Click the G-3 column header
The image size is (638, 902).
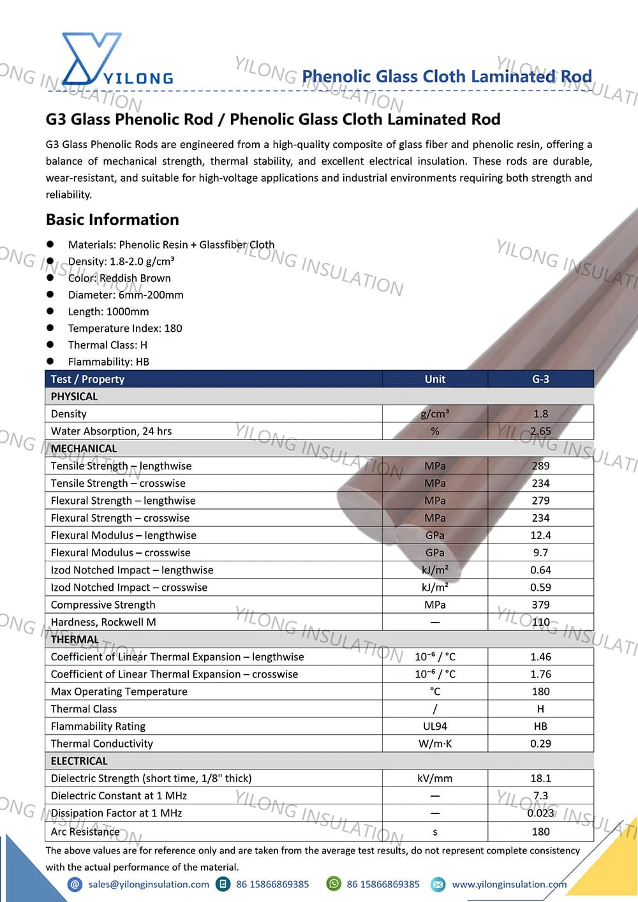[540, 379]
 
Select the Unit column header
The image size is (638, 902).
[435, 379]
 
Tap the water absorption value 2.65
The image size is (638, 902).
[540, 431]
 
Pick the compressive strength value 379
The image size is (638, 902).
[540, 605]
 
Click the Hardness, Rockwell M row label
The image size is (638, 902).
[103, 622]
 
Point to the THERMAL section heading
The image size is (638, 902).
[75, 639]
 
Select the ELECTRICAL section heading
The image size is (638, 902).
[79, 761]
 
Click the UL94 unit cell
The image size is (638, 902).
[435, 726]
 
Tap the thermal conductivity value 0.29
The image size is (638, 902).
[540, 743]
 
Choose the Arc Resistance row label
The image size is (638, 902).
[85, 831]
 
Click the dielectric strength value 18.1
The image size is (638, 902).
[540, 778]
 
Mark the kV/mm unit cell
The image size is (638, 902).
[435, 778]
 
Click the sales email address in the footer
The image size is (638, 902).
[149, 884]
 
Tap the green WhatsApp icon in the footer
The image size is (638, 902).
[334, 884]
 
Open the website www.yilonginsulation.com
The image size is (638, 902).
[509, 884]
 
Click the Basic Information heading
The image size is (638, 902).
[112, 219]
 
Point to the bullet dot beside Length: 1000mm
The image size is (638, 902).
[50, 311]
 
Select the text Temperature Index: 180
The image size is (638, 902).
[125, 328]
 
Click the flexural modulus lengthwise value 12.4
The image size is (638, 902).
[540, 535]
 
